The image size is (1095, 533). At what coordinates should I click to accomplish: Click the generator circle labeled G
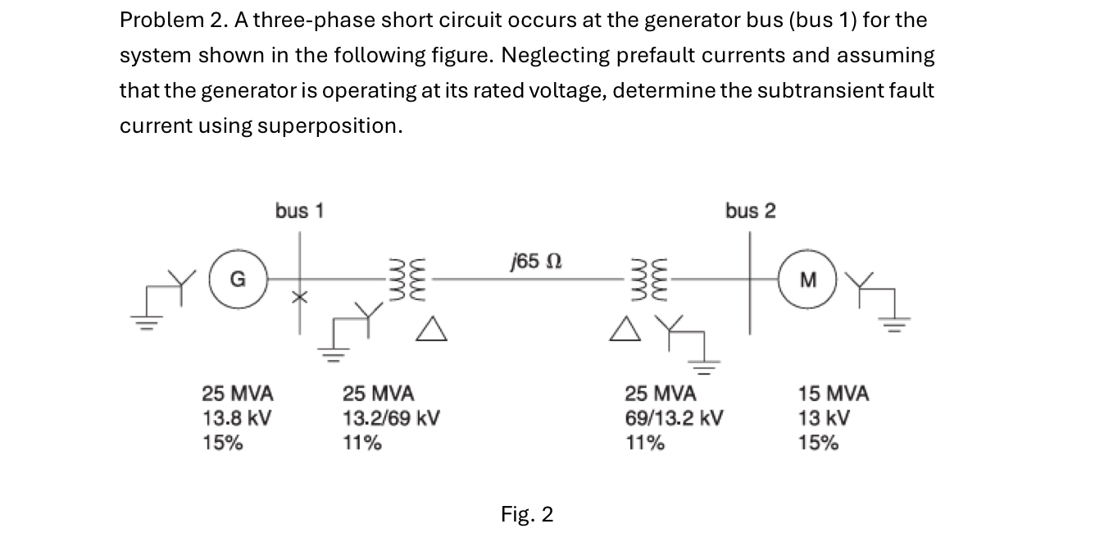pyautogui.click(x=236, y=279)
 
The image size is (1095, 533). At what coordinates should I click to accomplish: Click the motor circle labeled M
pyautogui.click(x=808, y=279)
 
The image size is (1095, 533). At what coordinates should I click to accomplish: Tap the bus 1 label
pyautogui.click(x=299, y=211)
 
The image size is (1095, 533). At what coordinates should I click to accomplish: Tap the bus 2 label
pyautogui.click(x=749, y=211)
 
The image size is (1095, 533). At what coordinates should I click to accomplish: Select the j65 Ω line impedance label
pyautogui.click(x=534, y=262)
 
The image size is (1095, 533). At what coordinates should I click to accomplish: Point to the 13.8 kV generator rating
pyautogui.click(x=237, y=418)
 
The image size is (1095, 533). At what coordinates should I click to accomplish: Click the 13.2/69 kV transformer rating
pyautogui.click(x=391, y=418)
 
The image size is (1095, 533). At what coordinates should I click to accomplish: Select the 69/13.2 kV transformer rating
pyautogui.click(x=674, y=418)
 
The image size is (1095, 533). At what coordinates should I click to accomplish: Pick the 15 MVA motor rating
pyautogui.click(x=834, y=394)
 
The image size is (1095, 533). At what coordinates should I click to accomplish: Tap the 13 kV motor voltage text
pyautogui.click(x=824, y=418)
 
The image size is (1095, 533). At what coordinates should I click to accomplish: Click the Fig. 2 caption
pyautogui.click(x=527, y=514)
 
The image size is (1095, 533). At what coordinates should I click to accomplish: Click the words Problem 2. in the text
pyautogui.click(x=168, y=20)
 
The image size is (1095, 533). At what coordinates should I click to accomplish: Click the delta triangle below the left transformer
pyautogui.click(x=434, y=330)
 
